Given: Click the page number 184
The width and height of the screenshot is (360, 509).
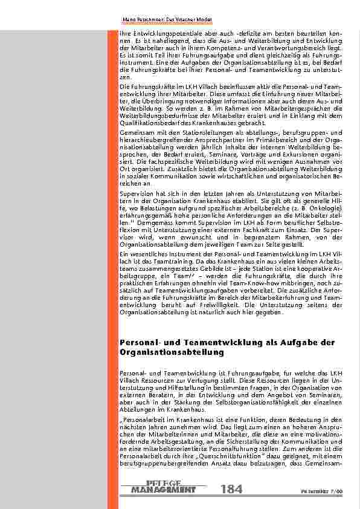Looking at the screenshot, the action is [232, 488].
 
